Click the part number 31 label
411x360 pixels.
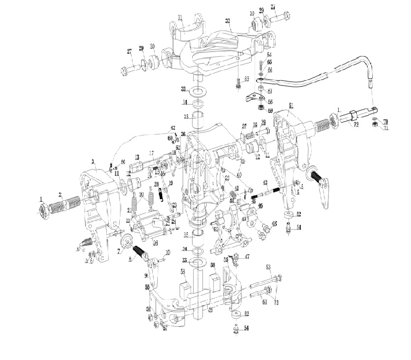[x=180, y=18]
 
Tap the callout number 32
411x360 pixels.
[x=228, y=21]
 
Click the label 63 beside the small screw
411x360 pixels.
[x=247, y=79]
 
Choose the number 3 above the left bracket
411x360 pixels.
[x=93, y=161]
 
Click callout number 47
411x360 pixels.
[x=247, y=257]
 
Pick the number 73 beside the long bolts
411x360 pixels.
[x=276, y=303]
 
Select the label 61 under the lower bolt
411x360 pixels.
[x=264, y=302]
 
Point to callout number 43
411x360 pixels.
[x=264, y=182]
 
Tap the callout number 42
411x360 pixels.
[x=173, y=128]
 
